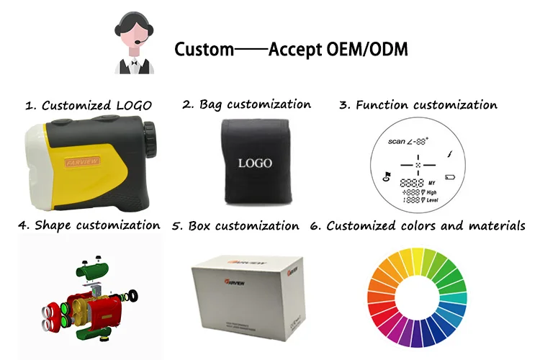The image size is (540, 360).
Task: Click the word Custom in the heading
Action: (x=204, y=50)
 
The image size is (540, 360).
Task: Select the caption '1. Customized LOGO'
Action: (x=89, y=105)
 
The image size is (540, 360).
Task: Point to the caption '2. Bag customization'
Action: (x=246, y=104)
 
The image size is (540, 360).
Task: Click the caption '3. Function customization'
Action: (x=418, y=105)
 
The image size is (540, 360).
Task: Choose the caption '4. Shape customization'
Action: (x=89, y=225)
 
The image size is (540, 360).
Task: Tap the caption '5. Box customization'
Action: (x=235, y=226)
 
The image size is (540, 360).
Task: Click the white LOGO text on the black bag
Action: (x=255, y=163)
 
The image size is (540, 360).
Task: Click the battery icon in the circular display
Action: (x=451, y=177)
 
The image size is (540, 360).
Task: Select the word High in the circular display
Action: (x=432, y=192)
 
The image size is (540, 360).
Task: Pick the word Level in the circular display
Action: (x=433, y=200)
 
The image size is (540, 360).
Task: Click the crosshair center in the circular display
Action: (x=417, y=164)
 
